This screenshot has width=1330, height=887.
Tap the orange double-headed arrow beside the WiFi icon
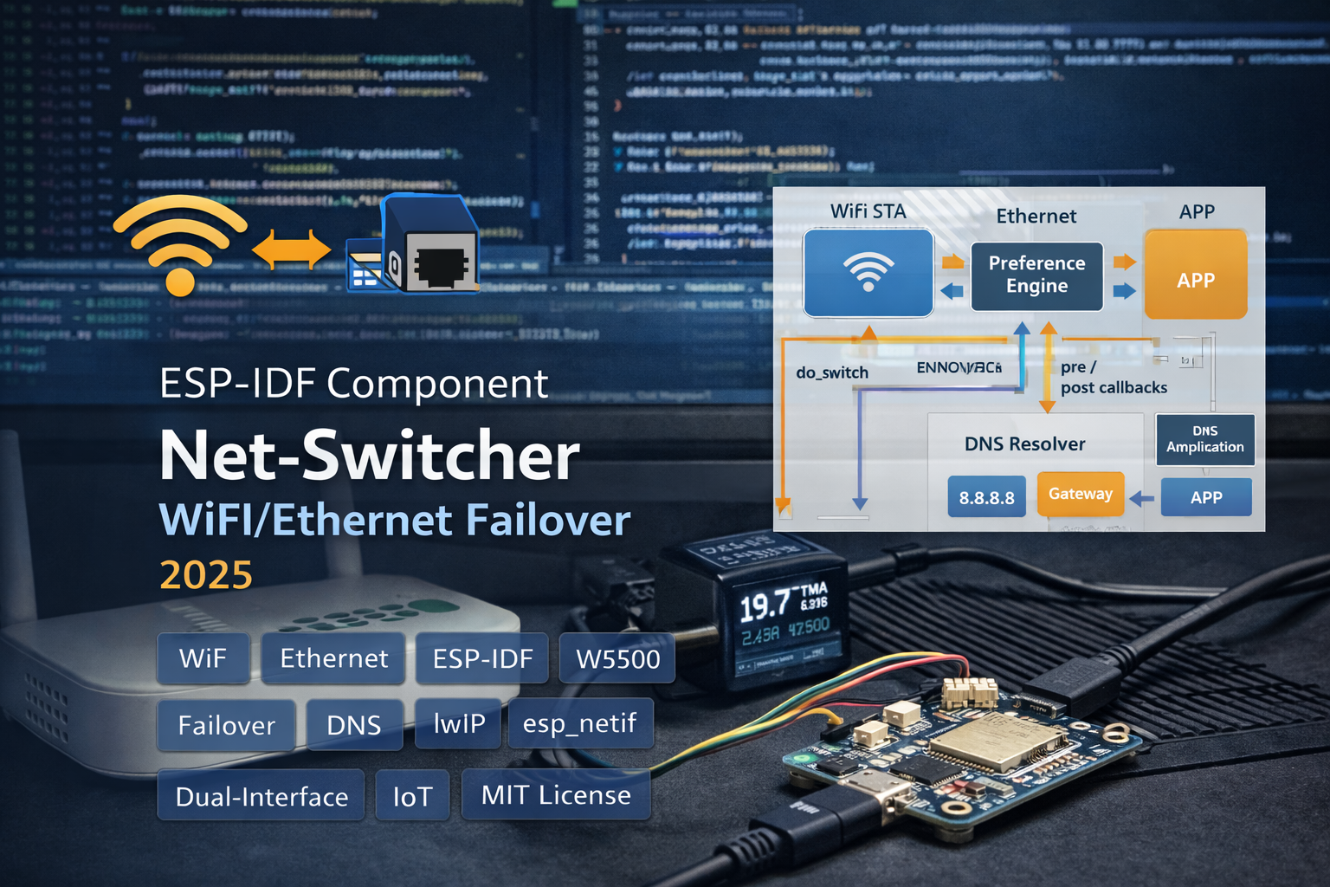292,251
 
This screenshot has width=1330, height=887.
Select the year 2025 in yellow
206,574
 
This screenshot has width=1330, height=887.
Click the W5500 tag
617,659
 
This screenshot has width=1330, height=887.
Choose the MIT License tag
556,795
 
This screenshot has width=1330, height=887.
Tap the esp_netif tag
579,723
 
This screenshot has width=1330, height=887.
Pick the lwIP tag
459,723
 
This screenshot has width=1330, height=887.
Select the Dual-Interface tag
261,796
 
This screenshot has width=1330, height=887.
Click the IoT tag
412,796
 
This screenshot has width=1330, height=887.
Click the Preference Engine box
1036,275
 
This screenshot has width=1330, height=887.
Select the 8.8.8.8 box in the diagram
986,497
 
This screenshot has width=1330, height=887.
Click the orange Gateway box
1080,494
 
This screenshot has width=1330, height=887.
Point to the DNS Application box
1204,439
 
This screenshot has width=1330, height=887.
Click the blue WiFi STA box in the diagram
868,273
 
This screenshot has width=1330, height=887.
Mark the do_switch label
832,372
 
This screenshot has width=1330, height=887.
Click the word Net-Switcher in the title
370,456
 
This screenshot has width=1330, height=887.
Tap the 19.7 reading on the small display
765,605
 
